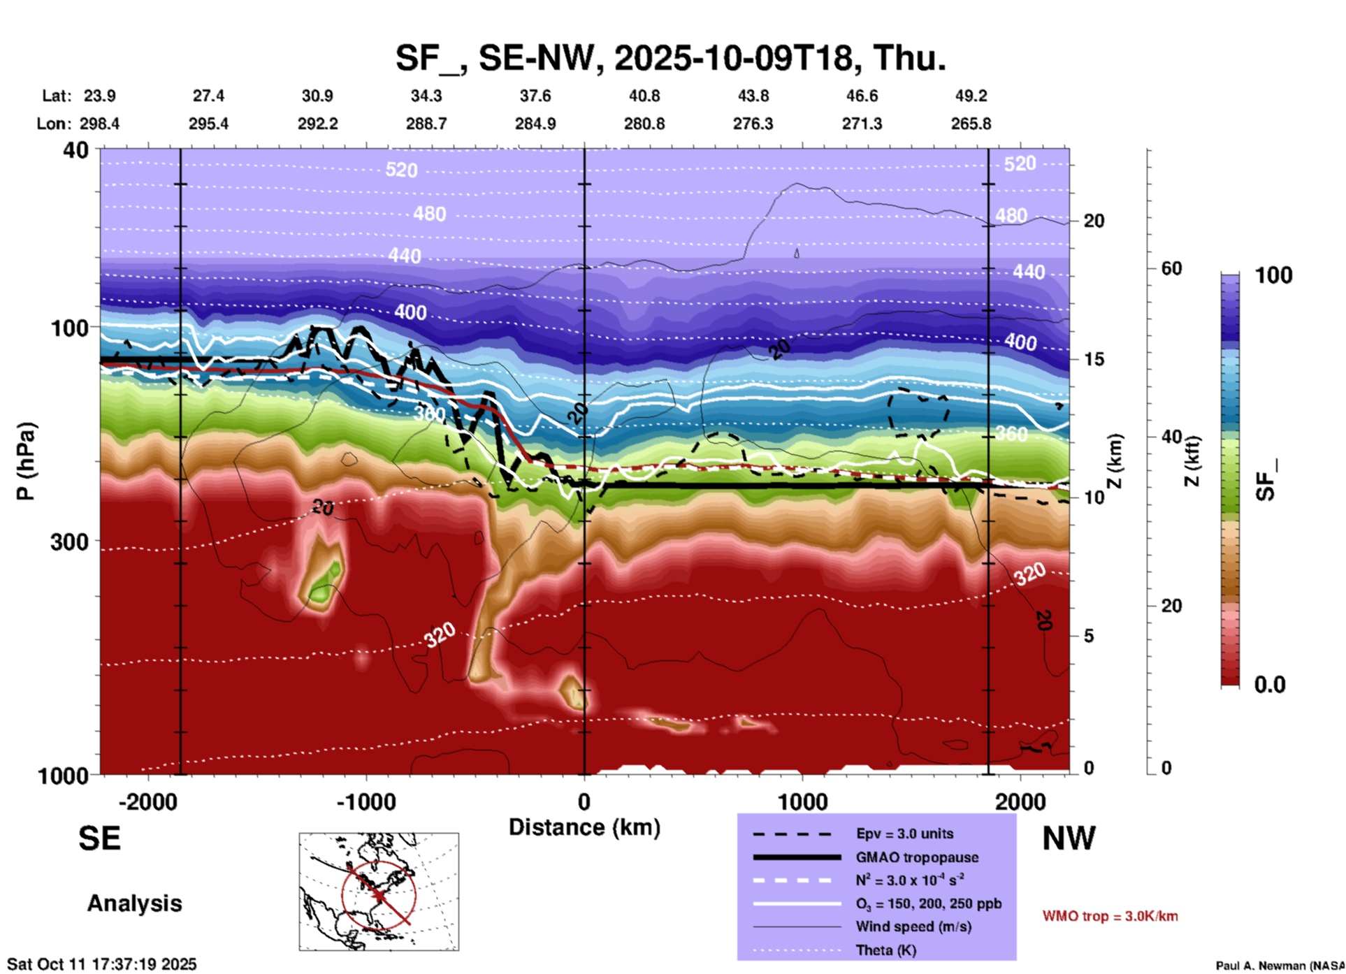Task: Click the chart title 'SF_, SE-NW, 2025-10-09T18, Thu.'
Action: click(x=670, y=59)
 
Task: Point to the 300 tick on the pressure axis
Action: click(x=70, y=541)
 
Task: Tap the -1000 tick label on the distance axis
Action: click(x=366, y=801)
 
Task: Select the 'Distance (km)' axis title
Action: click(x=584, y=827)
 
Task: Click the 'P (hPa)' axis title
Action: click(x=26, y=461)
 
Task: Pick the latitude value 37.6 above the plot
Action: click(x=535, y=96)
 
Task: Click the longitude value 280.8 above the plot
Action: click(x=644, y=124)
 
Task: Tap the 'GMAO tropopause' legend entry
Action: click(x=916, y=857)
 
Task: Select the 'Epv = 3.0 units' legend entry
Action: click(x=904, y=834)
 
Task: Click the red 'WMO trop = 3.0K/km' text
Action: click(x=1110, y=916)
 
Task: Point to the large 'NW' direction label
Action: click(x=1069, y=838)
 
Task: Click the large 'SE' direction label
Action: click(x=99, y=838)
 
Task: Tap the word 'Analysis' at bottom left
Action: click(x=134, y=903)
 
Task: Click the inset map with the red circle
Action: click(x=379, y=892)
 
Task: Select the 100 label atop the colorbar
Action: click(x=1273, y=275)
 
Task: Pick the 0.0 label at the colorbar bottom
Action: click(x=1269, y=685)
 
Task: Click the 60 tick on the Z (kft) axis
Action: click(x=1171, y=268)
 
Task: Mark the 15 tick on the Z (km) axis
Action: click(x=1094, y=359)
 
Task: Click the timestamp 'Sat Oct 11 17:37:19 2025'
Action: click(x=102, y=964)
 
